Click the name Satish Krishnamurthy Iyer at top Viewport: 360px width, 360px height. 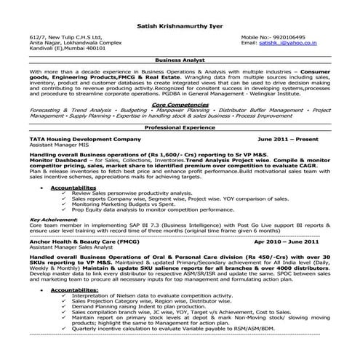pyautogui.click(x=180, y=23)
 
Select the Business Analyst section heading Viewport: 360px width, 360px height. pyautogui.click(x=180, y=62)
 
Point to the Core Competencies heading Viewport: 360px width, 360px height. pyautogui.click(x=180, y=104)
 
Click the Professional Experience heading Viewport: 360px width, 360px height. pyautogui.click(x=180, y=127)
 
